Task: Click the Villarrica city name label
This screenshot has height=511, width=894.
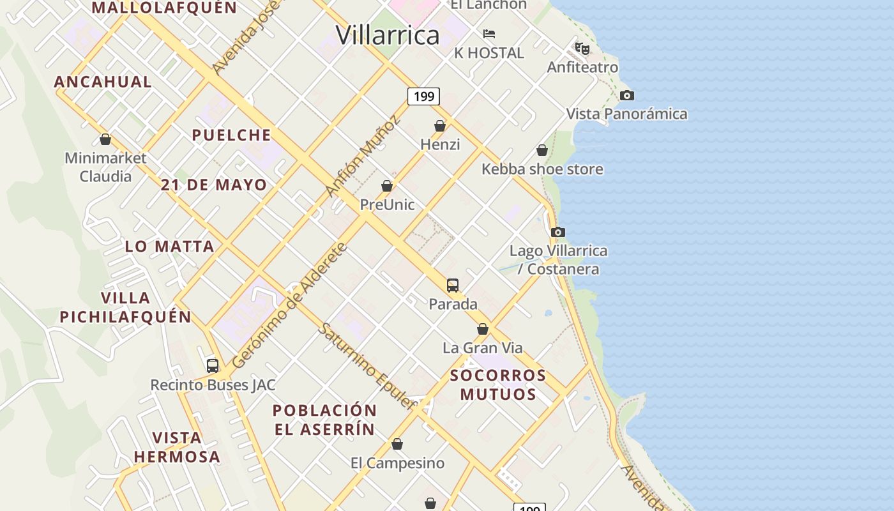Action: click(x=388, y=35)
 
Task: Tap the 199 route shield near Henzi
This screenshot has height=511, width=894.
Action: click(x=423, y=96)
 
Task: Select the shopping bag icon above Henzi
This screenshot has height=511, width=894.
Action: click(x=440, y=126)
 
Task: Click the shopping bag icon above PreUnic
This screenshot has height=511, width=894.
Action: click(x=386, y=186)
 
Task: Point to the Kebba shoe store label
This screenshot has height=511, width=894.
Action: click(x=542, y=169)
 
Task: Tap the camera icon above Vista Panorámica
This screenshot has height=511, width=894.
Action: click(x=627, y=96)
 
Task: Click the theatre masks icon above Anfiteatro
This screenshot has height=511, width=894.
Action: click(x=582, y=48)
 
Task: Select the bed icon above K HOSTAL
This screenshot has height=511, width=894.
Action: click(x=489, y=34)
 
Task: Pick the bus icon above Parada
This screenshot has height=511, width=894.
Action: click(x=453, y=285)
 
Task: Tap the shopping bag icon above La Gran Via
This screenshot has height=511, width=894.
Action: click(x=483, y=329)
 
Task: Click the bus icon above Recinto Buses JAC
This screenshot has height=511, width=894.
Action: click(x=213, y=366)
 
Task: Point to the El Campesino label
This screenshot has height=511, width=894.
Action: click(x=397, y=463)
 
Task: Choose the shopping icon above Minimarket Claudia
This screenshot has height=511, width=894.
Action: click(x=105, y=139)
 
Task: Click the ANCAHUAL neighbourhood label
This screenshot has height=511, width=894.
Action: click(x=103, y=82)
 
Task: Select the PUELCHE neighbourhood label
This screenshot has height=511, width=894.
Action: click(x=232, y=135)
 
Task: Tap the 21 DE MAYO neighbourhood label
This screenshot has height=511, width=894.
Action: click(x=214, y=185)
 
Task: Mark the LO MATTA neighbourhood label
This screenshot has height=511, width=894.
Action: click(x=169, y=247)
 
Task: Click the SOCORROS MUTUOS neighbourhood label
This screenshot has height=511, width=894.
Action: click(x=498, y=385)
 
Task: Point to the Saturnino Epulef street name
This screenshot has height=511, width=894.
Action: click(x=367, y=365)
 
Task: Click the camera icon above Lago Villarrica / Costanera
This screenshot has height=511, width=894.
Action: click(x=558, y=232)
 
